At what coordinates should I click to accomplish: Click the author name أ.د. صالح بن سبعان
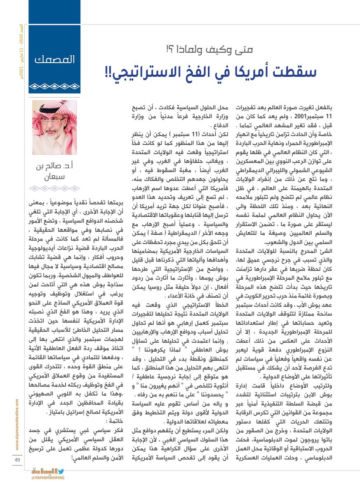54,174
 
